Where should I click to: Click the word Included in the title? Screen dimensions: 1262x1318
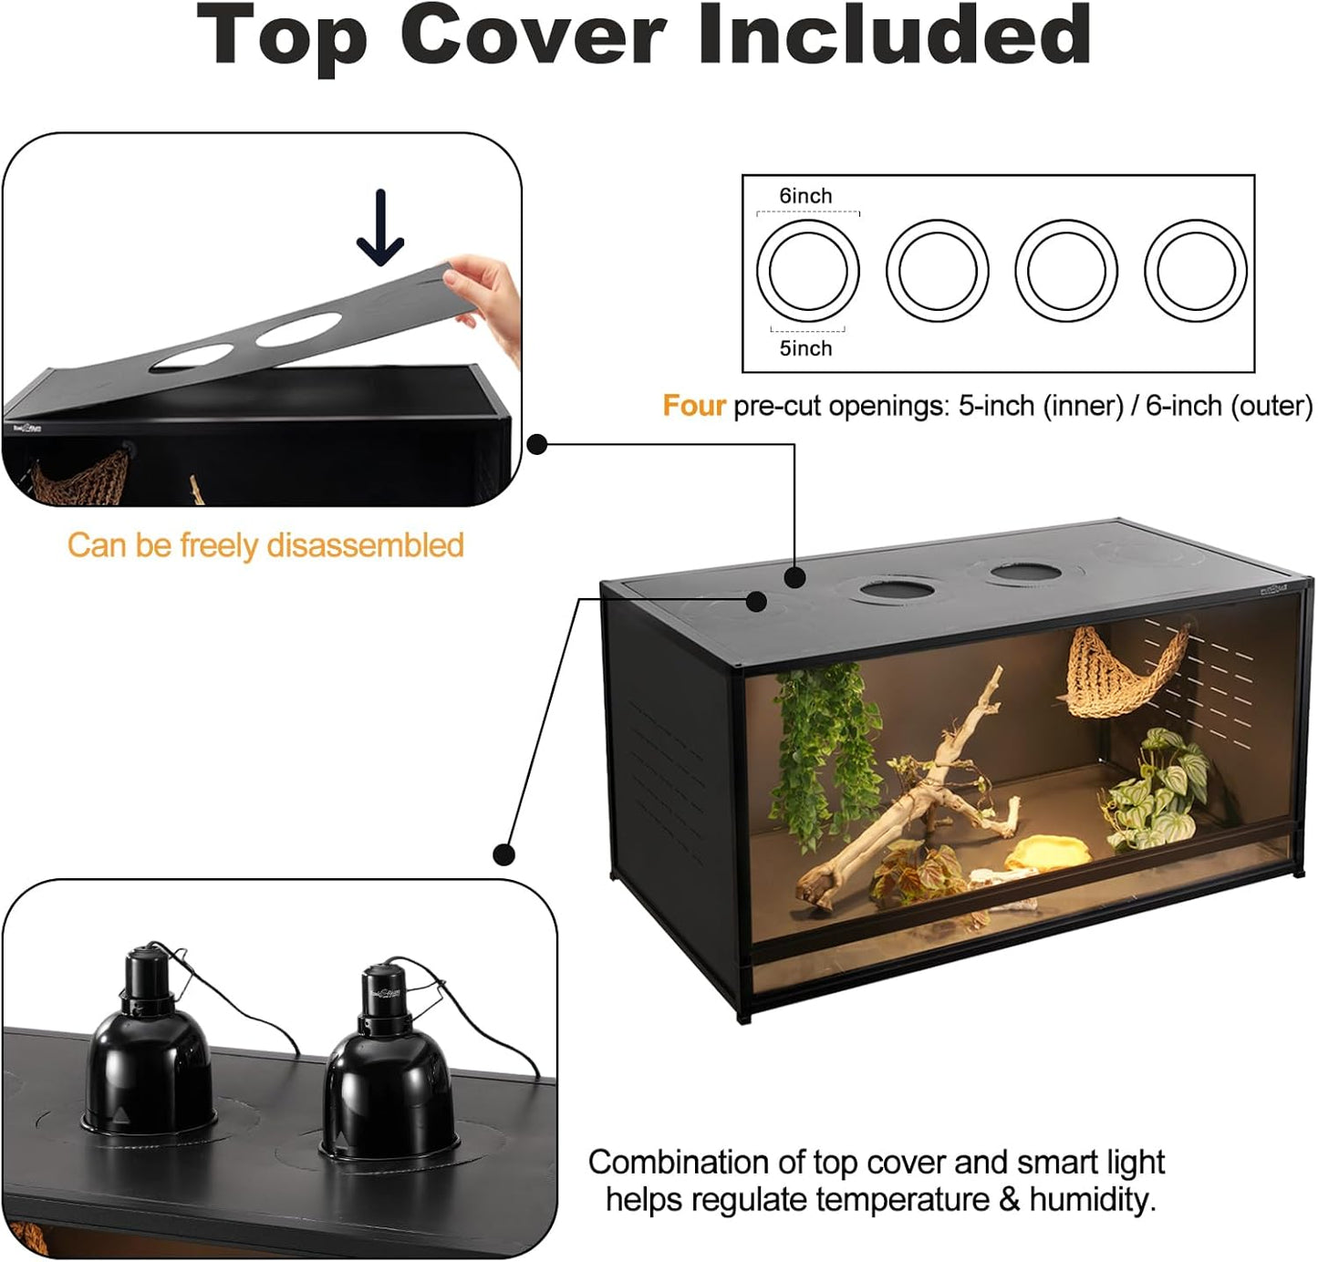(x=894, y=36)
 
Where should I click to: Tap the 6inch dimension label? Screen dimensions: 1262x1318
(x=805, y=196)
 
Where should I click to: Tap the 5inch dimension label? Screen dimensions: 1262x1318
(x=805, y=348)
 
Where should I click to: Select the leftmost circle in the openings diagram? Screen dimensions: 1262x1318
(x=807, y=271)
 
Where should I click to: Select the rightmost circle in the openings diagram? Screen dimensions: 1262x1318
(x=1195, y=271)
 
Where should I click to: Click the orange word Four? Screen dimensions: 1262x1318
(x=693, y=406)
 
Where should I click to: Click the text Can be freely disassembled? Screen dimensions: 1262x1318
(x=265, y=545)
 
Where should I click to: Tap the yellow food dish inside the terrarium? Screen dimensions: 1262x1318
(x=1049, y=853)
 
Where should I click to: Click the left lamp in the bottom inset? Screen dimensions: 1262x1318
(x=149, y=1049)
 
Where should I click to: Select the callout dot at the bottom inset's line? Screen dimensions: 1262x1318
(x=503, y=854)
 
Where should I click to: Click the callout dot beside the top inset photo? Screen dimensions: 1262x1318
(x=537, y=445)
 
